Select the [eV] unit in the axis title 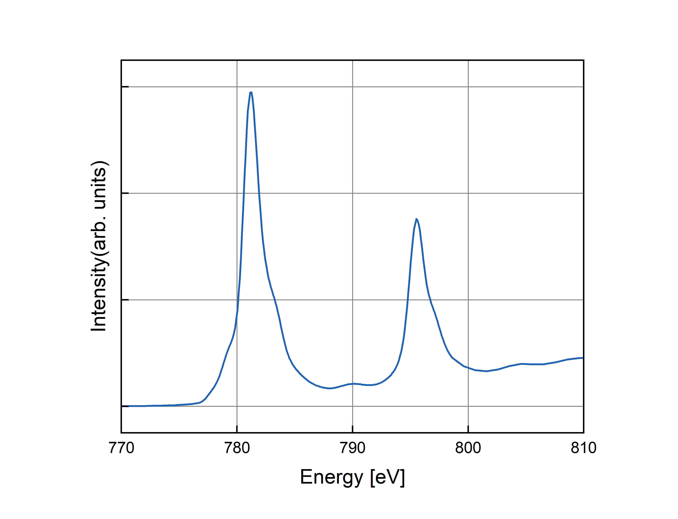tap(387, 477)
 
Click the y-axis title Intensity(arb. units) tap(99, 246)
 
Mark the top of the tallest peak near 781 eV tap(251, 92)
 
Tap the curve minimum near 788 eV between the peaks tap(330, 388)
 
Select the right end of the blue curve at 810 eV tap(582, 358)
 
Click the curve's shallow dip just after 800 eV tap(486, 371)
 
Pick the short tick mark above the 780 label tap(237, 429)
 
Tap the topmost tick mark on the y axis tap(125, 87)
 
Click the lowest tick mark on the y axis tap(125, 406)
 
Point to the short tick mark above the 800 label tap(468, 429)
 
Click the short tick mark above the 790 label tap(352, 429)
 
